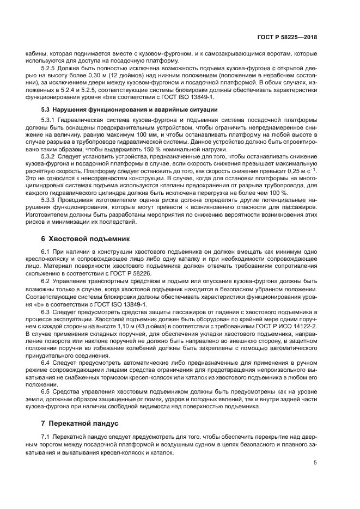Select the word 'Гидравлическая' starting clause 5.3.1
81,120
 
